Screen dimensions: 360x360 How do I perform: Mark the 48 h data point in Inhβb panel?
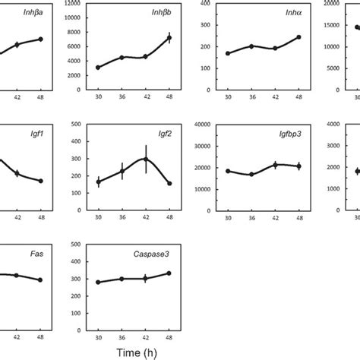click(169, 37)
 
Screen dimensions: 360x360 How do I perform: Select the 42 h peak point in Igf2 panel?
click(146, 159)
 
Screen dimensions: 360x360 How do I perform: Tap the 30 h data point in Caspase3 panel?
click(99, 282)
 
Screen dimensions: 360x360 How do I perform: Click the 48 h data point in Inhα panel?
click(299, 37)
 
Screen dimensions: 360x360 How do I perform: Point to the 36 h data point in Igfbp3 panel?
click(251, 175)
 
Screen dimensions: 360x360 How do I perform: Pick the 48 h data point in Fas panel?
click(40, 280)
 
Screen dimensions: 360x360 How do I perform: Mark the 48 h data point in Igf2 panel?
click(169, 183)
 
